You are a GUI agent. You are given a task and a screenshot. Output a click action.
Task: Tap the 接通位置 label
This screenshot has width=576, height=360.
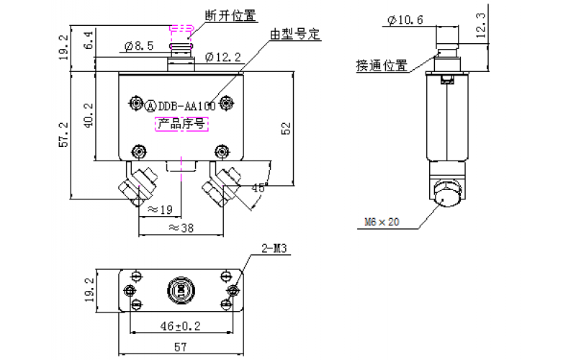click(381, 66)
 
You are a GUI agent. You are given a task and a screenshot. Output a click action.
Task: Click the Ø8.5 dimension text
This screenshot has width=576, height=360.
click(138, 47)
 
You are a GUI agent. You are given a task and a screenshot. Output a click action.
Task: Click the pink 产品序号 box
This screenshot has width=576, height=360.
click(183, 125)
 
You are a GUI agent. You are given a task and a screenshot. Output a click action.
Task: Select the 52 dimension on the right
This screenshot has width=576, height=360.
click(286, 128)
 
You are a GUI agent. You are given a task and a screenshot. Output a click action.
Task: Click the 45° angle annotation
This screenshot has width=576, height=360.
click(258, 188)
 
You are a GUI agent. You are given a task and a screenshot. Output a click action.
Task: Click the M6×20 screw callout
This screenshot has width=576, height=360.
click(379, 222)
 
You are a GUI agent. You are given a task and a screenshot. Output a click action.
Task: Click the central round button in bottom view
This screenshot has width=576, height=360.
click(181, 291)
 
